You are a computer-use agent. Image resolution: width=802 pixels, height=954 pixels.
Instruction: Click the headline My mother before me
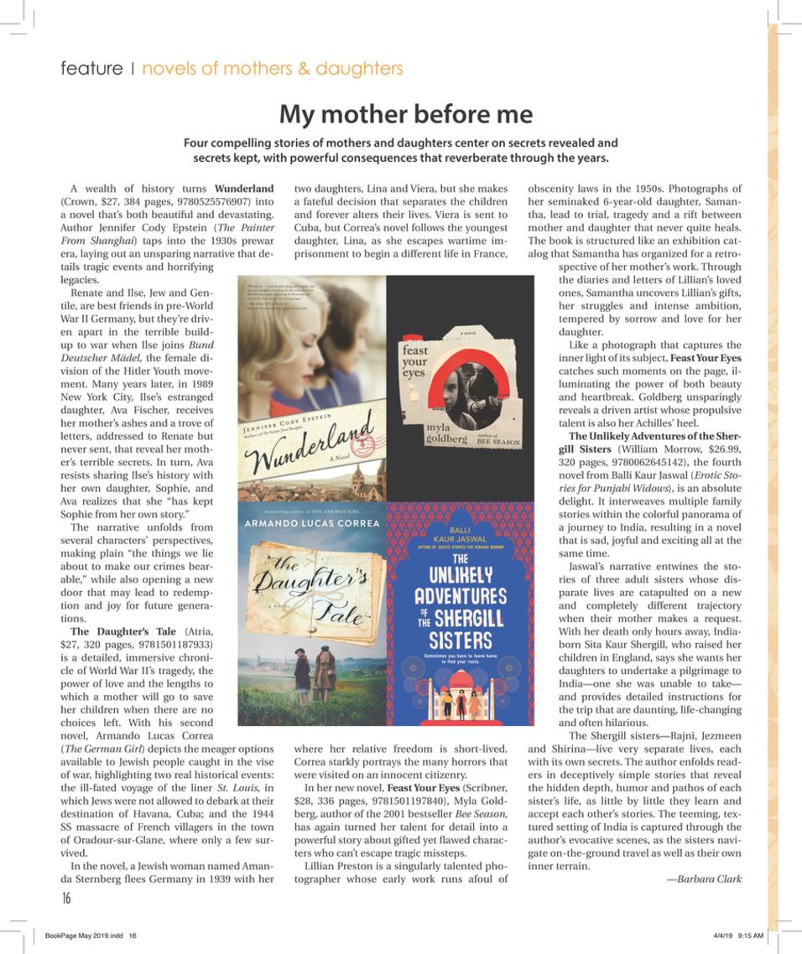[x=405, y=113]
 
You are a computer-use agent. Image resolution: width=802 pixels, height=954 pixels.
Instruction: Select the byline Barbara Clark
[x=704, y=879]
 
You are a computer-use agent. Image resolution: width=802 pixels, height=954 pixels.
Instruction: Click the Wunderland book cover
[x=312, y=387]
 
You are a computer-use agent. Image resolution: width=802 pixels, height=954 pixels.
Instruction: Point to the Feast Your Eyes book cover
[x=460, y=387]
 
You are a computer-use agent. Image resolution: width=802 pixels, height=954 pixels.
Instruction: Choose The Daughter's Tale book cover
[x=312, y=614]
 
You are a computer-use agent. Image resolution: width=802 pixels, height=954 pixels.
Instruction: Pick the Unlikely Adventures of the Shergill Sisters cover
[x=460, y=614]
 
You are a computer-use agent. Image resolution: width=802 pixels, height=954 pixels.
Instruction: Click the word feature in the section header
[x=91, y=69]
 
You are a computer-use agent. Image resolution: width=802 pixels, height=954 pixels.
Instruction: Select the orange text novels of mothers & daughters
[x=272, y=69]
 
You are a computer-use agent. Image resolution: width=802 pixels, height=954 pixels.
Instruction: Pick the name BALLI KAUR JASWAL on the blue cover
[x=460, y=536]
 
